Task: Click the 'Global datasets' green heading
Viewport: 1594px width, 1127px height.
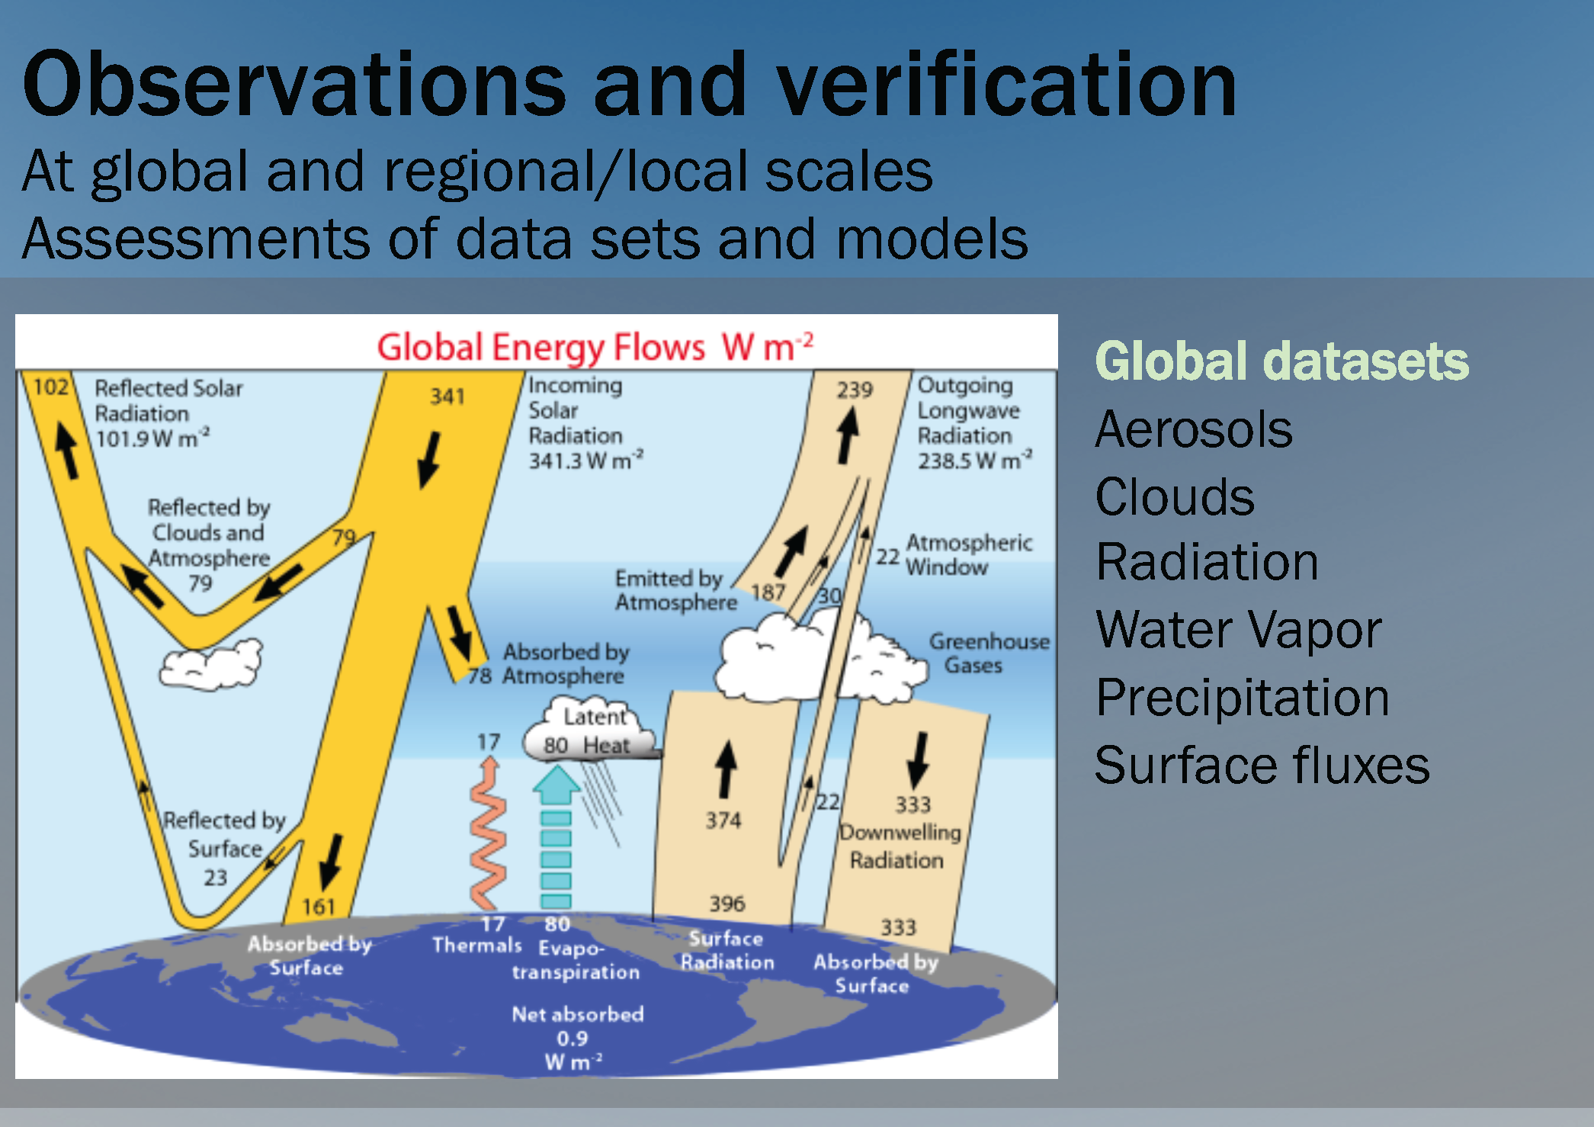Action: coord(1281,361)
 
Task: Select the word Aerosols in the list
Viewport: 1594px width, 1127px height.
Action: coord(1194,429)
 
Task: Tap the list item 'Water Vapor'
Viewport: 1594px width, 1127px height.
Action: coord(1238,631)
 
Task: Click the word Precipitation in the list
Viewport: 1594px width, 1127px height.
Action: coord(1243,698)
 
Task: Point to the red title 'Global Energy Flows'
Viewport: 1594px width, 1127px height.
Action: coord(540,348)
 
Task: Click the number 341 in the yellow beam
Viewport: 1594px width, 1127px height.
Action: coord(447,397)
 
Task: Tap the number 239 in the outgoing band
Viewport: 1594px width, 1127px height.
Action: coord(854,390)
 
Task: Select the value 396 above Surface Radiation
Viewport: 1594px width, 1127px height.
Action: coord(726,904)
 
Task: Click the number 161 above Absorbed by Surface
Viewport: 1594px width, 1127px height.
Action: coord(319,907)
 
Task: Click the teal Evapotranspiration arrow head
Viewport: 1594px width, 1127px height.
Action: coord(556,785)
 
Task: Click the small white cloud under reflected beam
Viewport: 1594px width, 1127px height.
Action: coord(210,665)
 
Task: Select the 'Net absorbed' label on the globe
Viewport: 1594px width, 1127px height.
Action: coord(577,1014)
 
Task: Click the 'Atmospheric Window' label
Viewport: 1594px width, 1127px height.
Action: coord(969,554)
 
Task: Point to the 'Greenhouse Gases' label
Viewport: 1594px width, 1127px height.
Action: coord(989,653)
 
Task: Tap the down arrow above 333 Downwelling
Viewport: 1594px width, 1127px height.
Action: coord(919,760)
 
